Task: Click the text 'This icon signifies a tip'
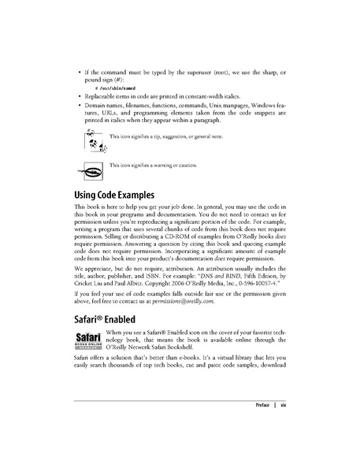tap(142, 139)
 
